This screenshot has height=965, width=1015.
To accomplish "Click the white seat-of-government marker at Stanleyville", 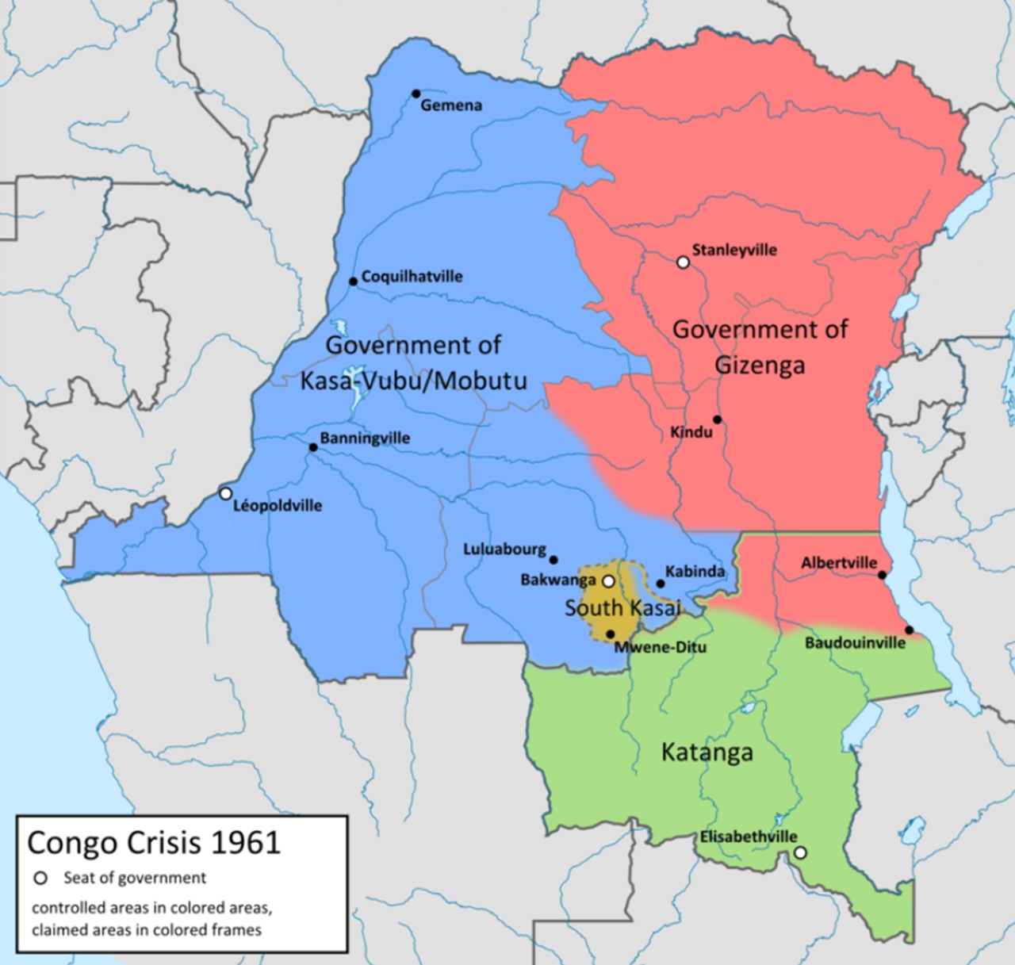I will (683, 262).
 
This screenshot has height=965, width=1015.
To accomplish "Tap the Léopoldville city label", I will (278, 506).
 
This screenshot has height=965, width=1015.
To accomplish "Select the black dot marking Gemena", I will (416, 94).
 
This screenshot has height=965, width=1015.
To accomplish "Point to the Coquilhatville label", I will (412, 277).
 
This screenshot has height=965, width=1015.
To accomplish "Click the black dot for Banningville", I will (313, 447).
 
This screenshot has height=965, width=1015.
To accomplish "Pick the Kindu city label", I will (691, 433).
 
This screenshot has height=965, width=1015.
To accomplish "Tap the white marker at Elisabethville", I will (800, 852).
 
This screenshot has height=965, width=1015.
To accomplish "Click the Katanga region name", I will (707, 752).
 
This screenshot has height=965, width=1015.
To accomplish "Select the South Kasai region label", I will (622, 608).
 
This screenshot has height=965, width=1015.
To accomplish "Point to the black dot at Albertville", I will (883, 575).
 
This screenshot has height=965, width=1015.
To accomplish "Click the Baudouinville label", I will (855, 643).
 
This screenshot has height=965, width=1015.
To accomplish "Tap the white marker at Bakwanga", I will (608, 581).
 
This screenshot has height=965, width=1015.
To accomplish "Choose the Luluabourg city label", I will (504, 549).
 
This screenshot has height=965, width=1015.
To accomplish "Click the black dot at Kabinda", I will (661, 584).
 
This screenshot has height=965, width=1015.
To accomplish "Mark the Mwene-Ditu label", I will (660, 647).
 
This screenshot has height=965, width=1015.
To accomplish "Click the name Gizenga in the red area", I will (760, 365).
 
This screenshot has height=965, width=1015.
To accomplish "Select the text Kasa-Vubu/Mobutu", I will (413, 381).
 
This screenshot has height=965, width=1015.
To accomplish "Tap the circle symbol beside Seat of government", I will (40, 878).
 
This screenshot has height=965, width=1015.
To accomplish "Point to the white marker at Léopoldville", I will (225, 493).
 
